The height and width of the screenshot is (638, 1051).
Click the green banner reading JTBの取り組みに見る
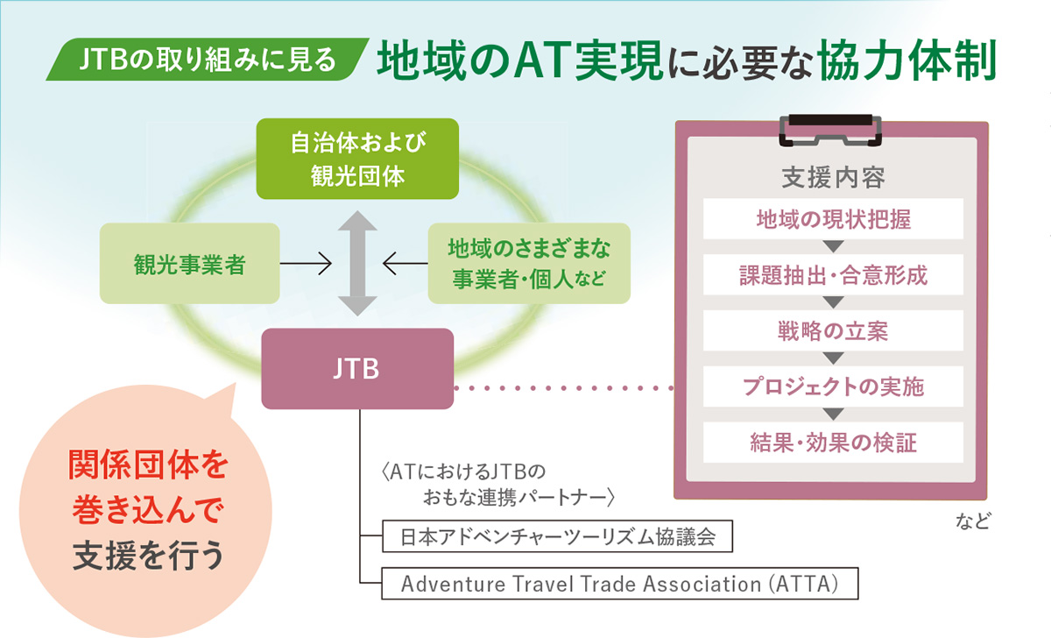pos(208,59)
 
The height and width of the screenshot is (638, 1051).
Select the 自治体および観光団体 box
pos(357,159)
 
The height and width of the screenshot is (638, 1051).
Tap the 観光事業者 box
pos(189,264)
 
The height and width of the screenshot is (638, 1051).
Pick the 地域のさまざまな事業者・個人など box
pos(529,264)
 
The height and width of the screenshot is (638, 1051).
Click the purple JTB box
pos(357,369)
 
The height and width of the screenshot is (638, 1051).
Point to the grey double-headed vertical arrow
pos(357,264)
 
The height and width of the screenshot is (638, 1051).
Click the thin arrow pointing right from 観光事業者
pos(306,264)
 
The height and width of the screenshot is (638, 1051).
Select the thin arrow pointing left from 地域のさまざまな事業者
pos(406,264)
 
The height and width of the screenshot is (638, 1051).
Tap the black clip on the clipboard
pos(830,130)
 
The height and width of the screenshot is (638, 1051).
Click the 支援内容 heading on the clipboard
pos(833,177)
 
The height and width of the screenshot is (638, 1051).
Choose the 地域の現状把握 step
pos(833,219)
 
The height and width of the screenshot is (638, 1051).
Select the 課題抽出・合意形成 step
pos(833,274)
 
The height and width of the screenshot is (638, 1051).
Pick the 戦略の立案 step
pos(833,330)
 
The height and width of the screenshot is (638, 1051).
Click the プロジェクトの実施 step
pos(833,386)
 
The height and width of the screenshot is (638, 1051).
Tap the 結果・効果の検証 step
pos(833,443)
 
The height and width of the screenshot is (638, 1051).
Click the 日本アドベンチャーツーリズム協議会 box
pos(557,536)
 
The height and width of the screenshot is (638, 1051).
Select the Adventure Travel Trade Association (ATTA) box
pos(620,584)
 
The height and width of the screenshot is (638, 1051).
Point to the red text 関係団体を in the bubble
pos(148,464)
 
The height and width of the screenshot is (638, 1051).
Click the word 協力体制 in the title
pos(906,60)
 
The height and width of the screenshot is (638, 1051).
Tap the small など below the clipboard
pos(973,521)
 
